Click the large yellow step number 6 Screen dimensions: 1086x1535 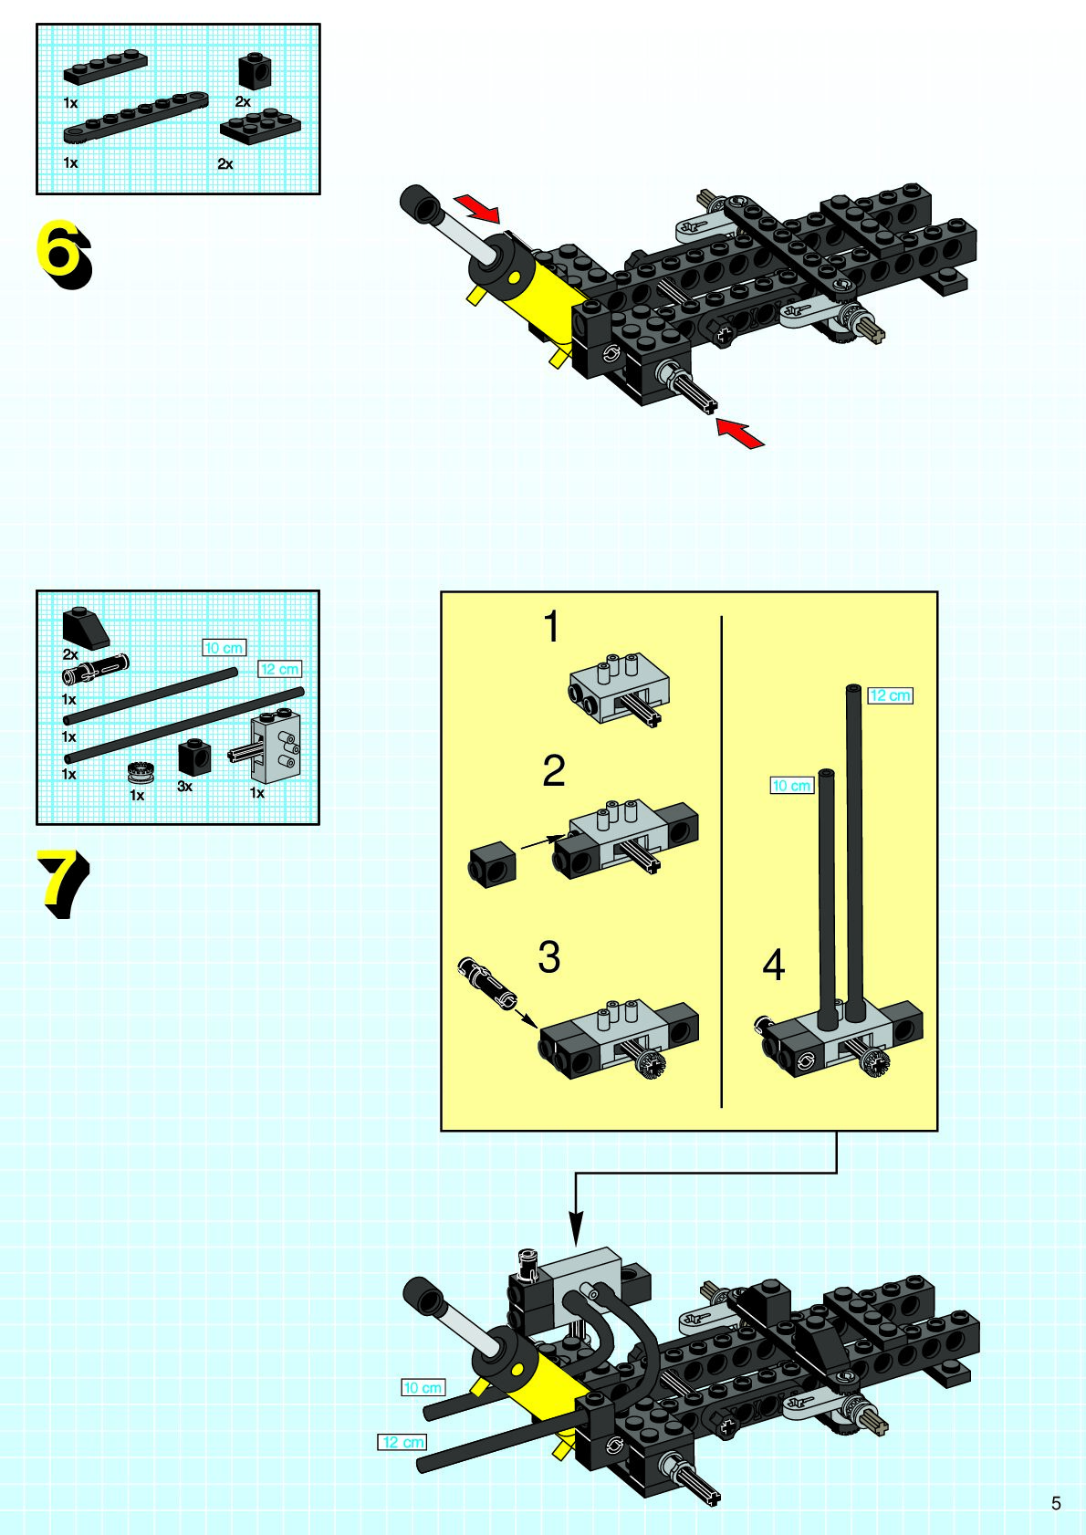[63, 255]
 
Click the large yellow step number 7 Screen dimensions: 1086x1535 [63, 883]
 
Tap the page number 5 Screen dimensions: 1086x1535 [1056, 1503]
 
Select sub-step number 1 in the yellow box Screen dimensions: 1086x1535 [551, 626]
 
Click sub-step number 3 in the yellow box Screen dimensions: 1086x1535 [549, 956]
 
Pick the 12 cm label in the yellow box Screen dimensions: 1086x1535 [890, 695]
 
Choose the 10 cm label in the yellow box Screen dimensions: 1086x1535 [792, 786]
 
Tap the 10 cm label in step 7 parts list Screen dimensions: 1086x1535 [225, 648]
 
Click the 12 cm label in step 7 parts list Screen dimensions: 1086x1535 [280, 669]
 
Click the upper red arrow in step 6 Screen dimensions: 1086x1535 [477, 208]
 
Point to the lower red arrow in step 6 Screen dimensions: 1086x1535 [740, 433]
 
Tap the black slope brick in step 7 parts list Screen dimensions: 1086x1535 [86, 628]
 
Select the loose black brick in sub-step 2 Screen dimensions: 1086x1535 [492, 865]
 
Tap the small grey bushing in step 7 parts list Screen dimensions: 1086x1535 [140, 772]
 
